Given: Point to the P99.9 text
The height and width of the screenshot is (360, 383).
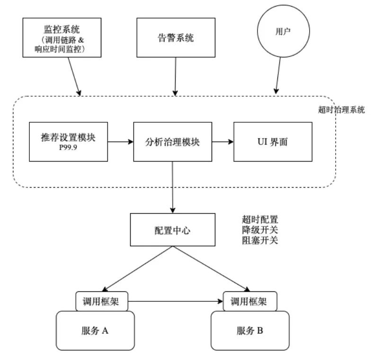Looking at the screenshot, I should pos(68,148).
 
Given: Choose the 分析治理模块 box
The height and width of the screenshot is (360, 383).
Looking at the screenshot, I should pos(172,141).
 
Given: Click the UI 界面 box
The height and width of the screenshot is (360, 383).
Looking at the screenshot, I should pos(273,141).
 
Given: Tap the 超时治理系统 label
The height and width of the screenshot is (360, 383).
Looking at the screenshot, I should pos(341,110).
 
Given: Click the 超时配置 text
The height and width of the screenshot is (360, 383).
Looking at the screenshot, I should pos(259,220).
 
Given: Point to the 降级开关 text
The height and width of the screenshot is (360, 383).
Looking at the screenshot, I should pos(259,230).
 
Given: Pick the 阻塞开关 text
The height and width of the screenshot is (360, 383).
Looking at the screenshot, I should pos(259,240).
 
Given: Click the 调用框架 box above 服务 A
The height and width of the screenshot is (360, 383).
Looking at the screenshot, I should pos(101,301).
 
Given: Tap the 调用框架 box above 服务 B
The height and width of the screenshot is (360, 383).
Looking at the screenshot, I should pos(250,301).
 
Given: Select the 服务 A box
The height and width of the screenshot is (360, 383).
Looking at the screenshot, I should pos(95,330).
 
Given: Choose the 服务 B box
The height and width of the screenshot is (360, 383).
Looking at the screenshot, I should pos(249,330).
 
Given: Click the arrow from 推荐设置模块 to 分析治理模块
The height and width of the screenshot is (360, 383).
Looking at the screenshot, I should pos(120,141).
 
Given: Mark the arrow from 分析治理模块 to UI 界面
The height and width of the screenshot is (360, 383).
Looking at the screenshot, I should pos(223,141).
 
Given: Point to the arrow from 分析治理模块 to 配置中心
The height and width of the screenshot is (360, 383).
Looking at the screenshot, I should pos(172,187).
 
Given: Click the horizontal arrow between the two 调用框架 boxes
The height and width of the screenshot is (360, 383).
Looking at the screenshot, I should pos(176,301).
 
